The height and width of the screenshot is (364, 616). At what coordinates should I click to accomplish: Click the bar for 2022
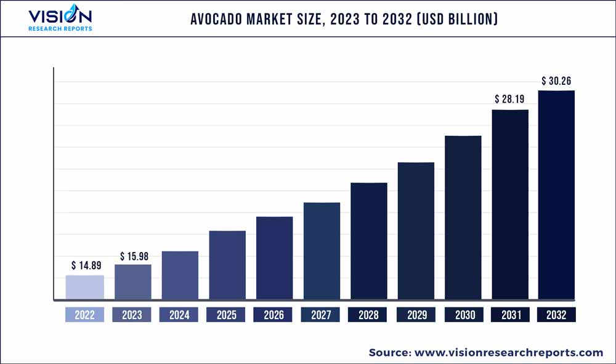point(85,288)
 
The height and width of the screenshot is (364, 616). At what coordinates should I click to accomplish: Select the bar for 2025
point(227,266)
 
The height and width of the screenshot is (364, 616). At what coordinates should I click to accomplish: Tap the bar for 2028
point(369,242)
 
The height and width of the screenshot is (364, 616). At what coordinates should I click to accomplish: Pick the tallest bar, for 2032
point(556,196)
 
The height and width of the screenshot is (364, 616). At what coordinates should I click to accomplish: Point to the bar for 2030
point(463,218)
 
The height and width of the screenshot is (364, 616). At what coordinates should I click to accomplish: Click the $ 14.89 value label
point(86,266)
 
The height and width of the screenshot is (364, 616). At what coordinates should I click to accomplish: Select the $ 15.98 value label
point(134,256)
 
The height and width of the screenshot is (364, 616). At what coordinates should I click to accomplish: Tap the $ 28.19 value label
point(510,99)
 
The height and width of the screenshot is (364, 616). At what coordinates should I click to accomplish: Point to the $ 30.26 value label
point(557,81)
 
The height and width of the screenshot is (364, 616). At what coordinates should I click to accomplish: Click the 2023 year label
point(132,315)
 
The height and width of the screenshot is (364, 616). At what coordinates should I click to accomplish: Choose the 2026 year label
point(274,315)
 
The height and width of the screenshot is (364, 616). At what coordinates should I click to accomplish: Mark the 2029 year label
point(416,315)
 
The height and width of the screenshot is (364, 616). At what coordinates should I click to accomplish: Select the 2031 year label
point(510,315)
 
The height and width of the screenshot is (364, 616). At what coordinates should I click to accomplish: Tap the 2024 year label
point(179,315)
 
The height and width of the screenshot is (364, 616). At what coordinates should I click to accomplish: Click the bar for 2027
point(322,251)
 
